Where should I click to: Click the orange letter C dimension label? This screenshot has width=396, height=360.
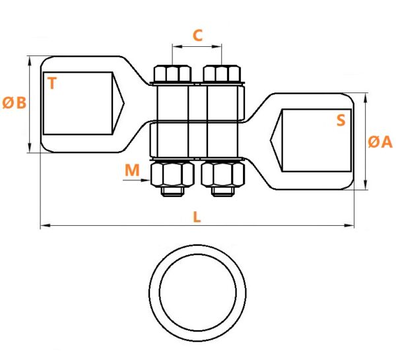coord(197,36)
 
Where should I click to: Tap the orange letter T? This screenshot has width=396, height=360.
coord(52,83)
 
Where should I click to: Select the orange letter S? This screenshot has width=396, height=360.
coord(341,120)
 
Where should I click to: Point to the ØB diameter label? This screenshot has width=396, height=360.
coord(15,103)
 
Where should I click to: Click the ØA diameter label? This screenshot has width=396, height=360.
coord(380,141)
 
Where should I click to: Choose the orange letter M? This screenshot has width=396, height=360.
coord(132,170)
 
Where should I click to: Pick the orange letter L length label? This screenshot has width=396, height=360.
coord(197,217)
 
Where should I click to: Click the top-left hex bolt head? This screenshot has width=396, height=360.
coord(172,73)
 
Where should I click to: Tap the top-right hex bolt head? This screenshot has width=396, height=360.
coord(222,73)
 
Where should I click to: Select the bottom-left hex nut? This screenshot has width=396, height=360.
coord(172,174)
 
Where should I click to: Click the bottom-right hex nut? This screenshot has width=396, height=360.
coord(223,174)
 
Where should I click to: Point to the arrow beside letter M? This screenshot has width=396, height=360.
coord(137,180)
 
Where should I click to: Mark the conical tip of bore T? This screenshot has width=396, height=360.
coord(124,103)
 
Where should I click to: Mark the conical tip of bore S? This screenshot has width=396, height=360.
coord(270,140)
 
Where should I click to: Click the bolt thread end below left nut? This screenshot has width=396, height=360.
coord(172,192)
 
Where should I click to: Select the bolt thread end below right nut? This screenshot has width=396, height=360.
coord(223,192)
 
